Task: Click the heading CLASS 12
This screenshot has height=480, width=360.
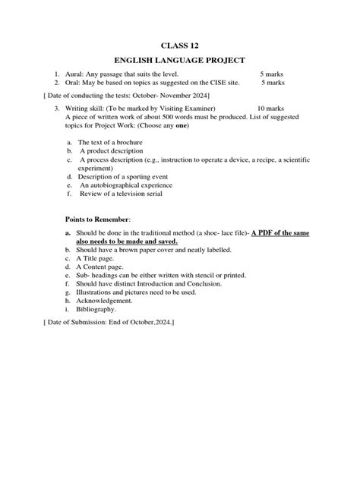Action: pos(179,46)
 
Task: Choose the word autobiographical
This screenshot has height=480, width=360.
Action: pos(125,185)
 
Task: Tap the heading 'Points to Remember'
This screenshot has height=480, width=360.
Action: pos(98,219)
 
